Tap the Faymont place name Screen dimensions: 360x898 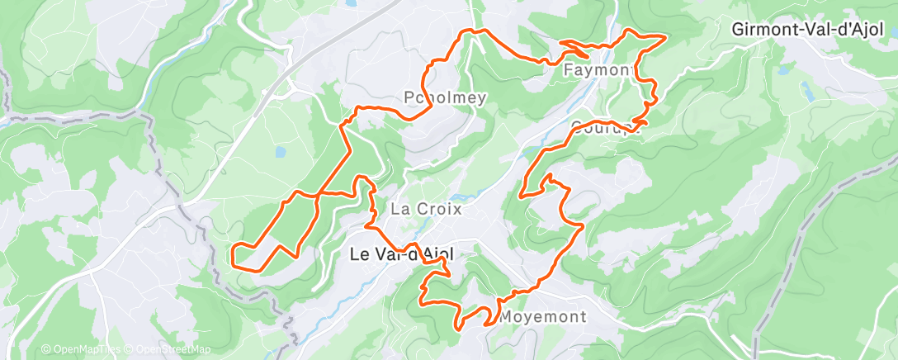[598, 70]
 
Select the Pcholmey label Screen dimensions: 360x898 [446, 97]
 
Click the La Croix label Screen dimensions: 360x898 [426, 209]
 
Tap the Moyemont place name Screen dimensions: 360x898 [543, 317]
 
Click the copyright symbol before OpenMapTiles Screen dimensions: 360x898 [46, 349]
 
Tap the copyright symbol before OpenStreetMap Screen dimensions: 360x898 [130, 349]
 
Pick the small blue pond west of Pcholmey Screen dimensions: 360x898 [281, 152]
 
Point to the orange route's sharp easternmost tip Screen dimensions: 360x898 [665, 36]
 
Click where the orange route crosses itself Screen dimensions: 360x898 [318, 195]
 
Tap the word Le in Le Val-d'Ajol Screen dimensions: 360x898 [359, 255]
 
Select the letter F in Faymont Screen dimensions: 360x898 [568, 70]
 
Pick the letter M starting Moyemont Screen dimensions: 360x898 [506, 317]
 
